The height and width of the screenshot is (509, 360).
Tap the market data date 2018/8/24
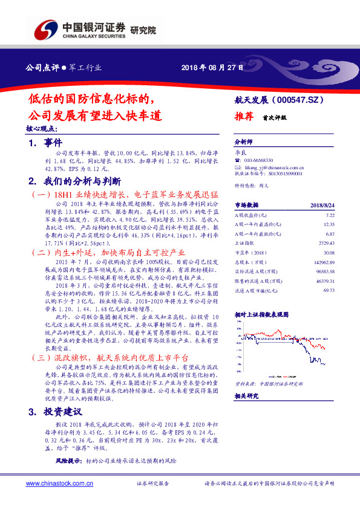(x=322, y=205)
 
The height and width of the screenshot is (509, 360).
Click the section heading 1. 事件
(x=45, y=143)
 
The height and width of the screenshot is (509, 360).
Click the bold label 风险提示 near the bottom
(x=68, y=461)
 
